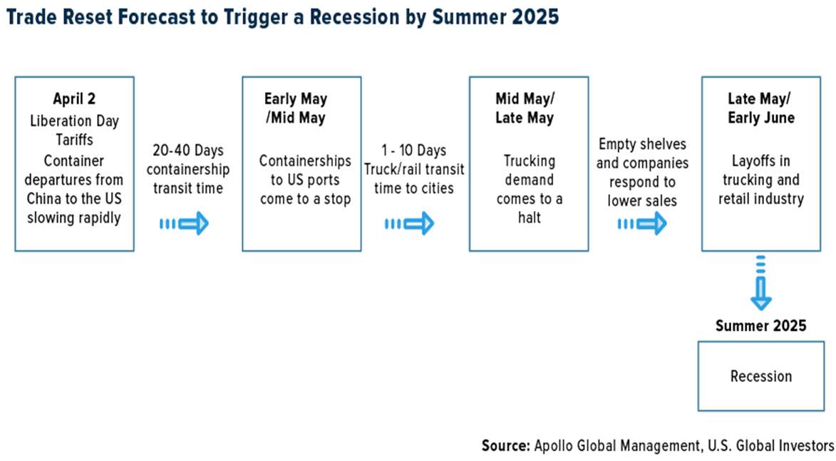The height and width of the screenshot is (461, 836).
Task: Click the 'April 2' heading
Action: point(74,98)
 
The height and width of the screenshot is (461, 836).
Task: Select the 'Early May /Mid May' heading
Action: point(295,108)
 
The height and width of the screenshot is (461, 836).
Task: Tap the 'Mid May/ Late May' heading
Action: point(525,108)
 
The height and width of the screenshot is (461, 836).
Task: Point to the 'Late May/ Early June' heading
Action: point(761,108)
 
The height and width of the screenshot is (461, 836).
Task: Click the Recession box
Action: point(761,376)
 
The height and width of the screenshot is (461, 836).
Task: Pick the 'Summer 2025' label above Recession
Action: point(761,325)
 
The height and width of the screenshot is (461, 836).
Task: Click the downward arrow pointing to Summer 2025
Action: point(761,283)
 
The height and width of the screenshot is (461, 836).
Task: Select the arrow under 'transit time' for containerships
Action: point(184,223)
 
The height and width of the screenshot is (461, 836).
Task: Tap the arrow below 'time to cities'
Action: point(410,223)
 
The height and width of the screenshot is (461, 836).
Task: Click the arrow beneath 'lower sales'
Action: point(642,223)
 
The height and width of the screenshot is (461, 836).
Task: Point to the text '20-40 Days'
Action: point(188,151)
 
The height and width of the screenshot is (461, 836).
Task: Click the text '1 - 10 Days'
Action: point(414,151)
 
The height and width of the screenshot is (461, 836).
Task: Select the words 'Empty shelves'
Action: point(642,144)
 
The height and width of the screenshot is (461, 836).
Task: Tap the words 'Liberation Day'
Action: point(74,121)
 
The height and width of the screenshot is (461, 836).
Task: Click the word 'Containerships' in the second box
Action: point(305,161)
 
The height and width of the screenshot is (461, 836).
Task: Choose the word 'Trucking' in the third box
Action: point(530,161)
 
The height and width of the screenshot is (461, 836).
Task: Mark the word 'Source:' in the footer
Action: point(505,445)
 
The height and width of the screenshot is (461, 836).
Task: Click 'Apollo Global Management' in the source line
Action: point(617,445)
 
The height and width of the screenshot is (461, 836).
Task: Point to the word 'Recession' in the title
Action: point(354,16)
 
